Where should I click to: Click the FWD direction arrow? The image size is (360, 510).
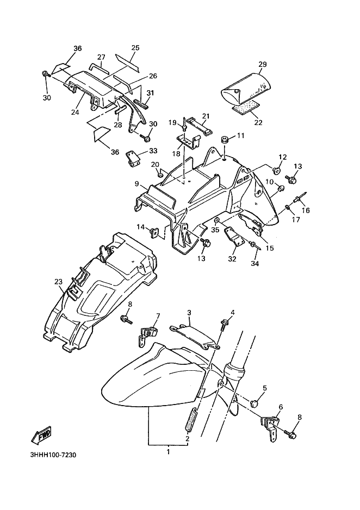pos(41,434)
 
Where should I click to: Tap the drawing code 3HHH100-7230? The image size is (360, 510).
pos(53,455)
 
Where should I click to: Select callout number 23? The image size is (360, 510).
pos(58,281)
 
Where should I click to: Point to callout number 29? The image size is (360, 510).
pos(262,64)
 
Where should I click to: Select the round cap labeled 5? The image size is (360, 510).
pos(255,403)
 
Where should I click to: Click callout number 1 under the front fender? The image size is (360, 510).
pos(168,452)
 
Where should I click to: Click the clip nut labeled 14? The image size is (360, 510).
pos(154,232)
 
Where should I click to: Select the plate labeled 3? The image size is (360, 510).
pos(195,337)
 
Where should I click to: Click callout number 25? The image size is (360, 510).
pos(135,47)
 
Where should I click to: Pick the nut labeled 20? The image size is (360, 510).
pos(160,175)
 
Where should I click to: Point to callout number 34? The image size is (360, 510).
pos(255,264)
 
